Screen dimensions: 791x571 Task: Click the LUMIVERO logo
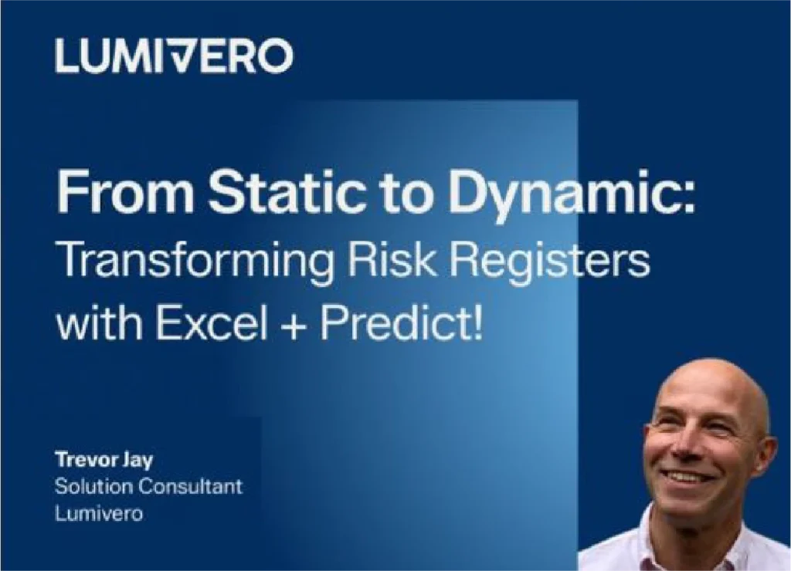(174, 56)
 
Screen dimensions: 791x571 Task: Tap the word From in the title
(125, 192)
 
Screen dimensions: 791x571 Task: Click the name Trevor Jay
(104, 460)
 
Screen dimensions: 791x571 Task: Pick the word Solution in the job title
(93, 486)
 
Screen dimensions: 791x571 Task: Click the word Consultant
(190, 486)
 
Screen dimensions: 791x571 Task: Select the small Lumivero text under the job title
(99, 514)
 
